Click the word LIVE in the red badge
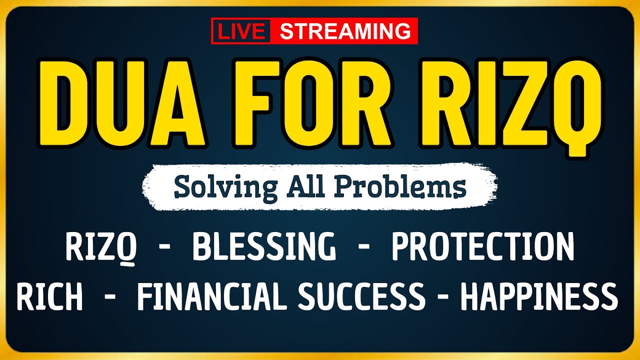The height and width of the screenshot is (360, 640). coord(241,31)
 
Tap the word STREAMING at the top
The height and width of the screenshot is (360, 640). coord(344,31)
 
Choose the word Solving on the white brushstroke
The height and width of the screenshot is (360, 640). coord(225,187)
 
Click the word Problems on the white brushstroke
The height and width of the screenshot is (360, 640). coord(400,187)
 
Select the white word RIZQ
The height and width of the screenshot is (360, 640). coord(102,247)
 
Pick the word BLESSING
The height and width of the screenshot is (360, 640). coord(264,247)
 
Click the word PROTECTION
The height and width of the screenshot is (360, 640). coord(482,247)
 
